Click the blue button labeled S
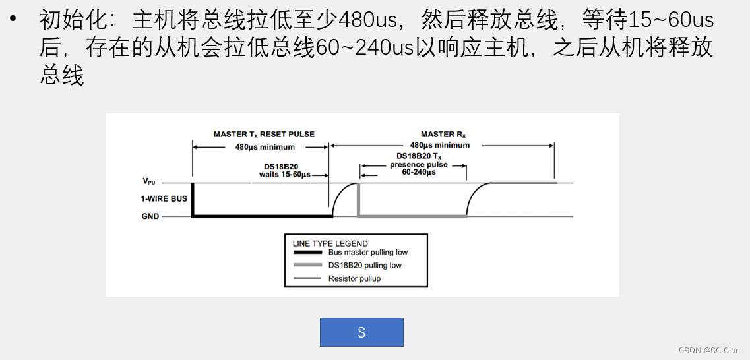coord(361,332)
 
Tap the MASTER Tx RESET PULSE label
coord(264,134)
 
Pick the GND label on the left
coord(150,216)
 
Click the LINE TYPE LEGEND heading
coord(330,243)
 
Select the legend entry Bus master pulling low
coord(367,252)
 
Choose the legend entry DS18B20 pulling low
coord(364,265)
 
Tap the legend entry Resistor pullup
coord(354,278)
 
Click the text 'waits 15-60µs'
coord(284,175)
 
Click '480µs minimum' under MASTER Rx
coord(440,145)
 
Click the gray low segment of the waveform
coord(412,215)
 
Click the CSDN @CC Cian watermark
coord(708,351)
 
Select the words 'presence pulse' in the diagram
coord(419,164)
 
